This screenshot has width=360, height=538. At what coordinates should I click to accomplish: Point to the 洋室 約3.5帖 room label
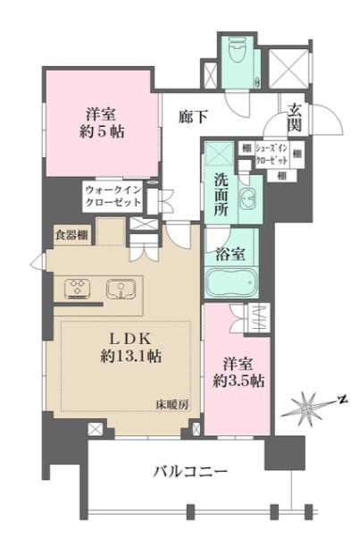coord(237,373)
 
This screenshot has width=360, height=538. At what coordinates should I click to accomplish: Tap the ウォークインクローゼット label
coord(113,196)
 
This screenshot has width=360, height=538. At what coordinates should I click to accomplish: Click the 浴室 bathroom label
coord(231,252)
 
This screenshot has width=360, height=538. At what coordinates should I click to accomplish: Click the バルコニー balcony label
coord(188,471)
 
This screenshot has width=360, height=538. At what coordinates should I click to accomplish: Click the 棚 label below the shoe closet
coord(281,176)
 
